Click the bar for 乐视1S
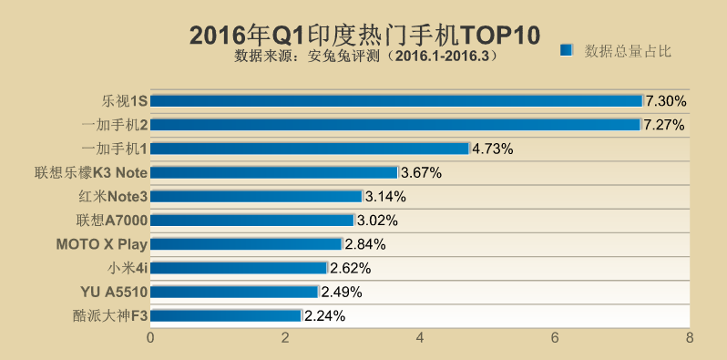(x=396, y=100)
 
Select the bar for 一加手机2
(x=395, y=124)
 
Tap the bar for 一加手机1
(x=310, y=148)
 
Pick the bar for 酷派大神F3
(x=226, y=315)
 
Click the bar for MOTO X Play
(x=246, y=243)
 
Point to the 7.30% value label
(x=666, y=100)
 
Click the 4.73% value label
(x=493, y=148)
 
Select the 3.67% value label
(x=421, y=172)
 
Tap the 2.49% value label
(x=342, y=292)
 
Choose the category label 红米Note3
(x=112, y=196)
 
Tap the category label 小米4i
(x=128, y=268)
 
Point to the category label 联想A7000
(x=112, y=220)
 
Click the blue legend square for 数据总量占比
(x=567, y=50)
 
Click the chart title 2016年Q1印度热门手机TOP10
(x=364, y=35)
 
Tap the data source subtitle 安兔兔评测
(x=364, y=56)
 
